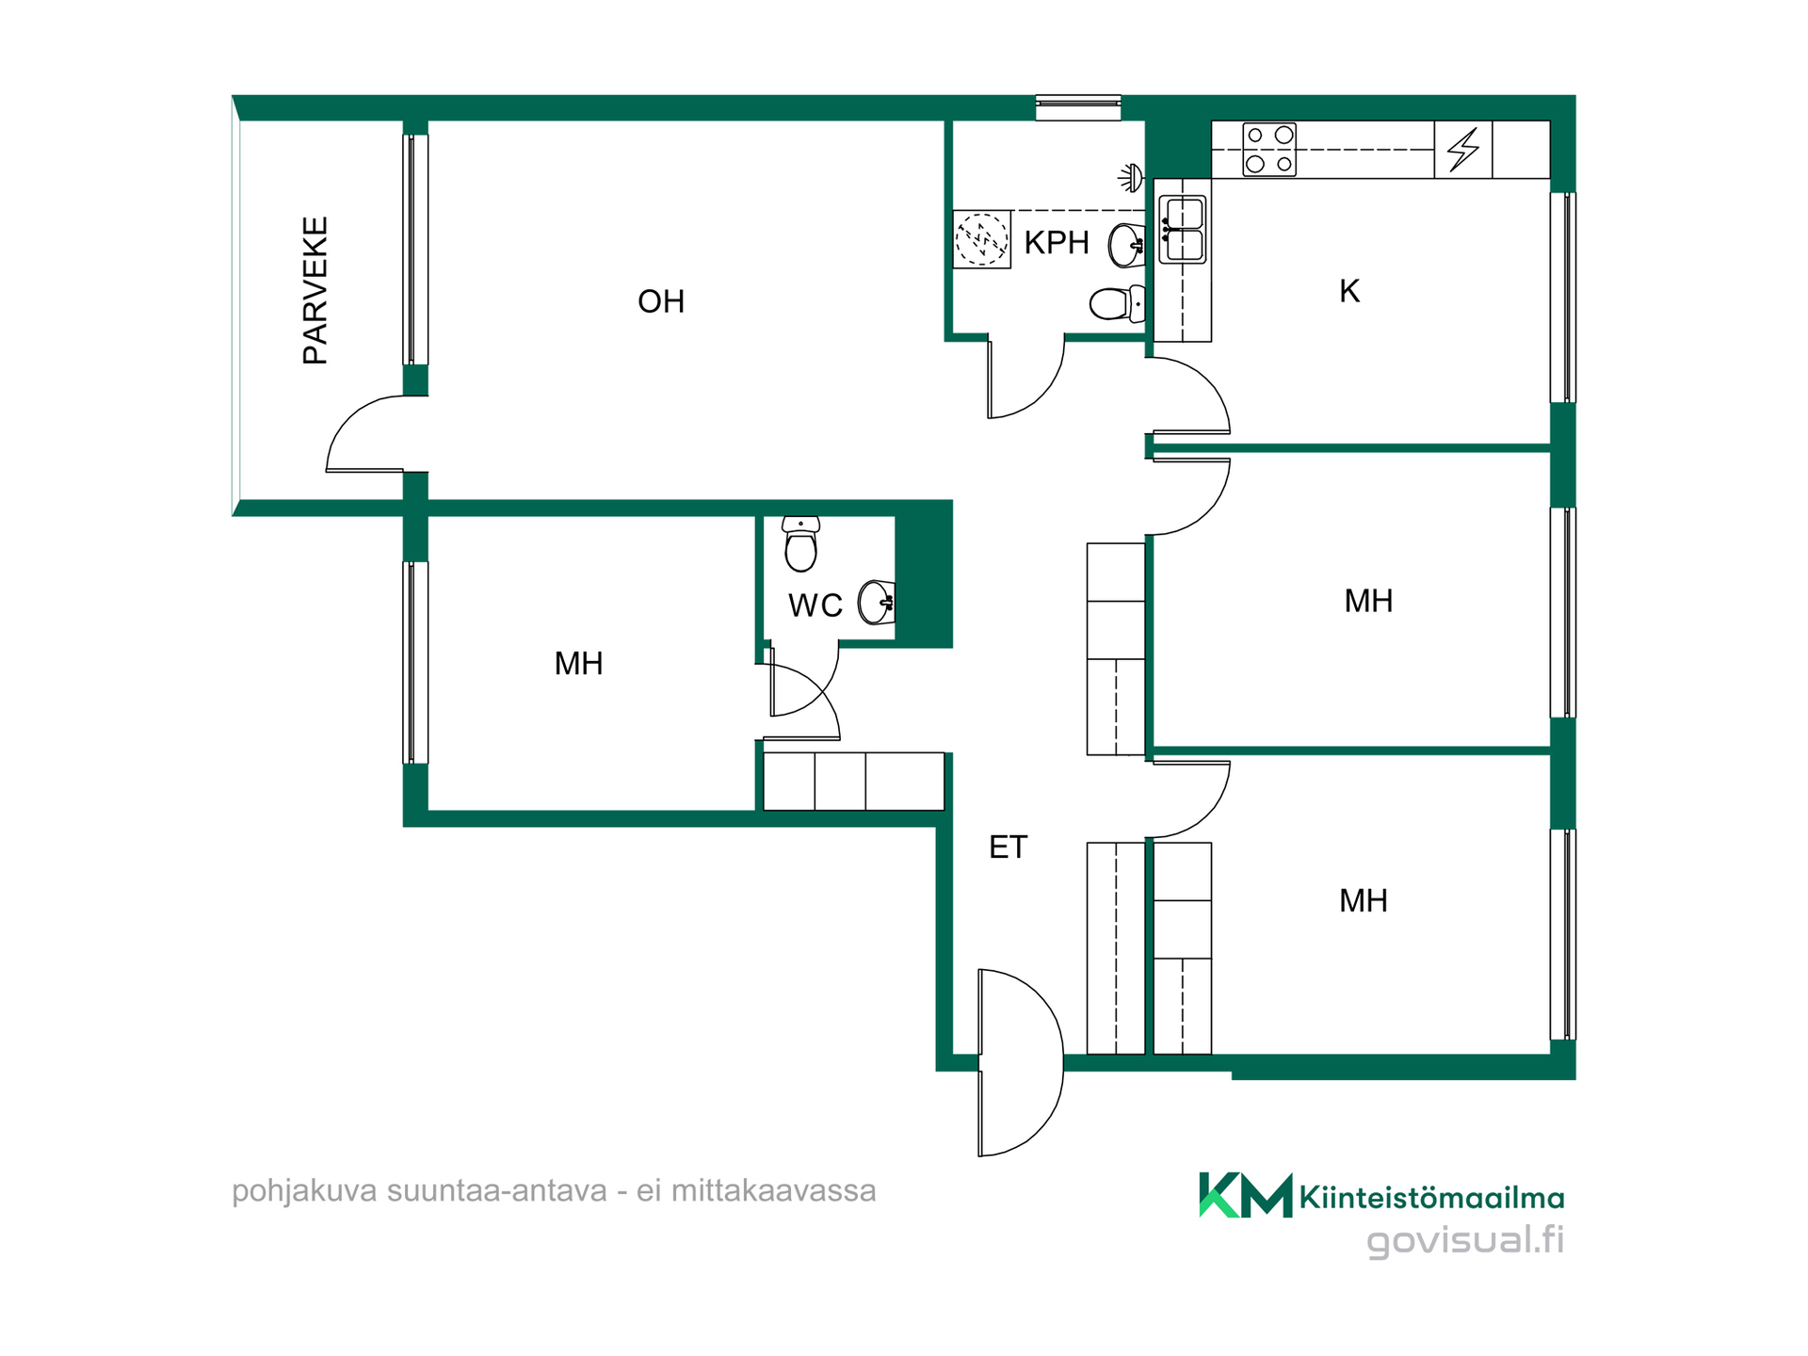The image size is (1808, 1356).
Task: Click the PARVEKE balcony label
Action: (x=315, y=290)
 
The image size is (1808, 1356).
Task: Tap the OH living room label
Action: (x=661, y=301)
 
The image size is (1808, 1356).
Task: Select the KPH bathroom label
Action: (x=1057, y=243)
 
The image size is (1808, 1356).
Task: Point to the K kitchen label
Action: (x=1349, y=292)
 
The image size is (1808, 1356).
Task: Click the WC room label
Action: (x=815, y=605)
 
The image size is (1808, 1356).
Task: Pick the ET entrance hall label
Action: (x=1008, y=847)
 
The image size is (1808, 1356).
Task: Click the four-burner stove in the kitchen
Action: (x=1269, y=150)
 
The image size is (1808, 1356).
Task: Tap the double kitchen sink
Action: (x=1183, y=230)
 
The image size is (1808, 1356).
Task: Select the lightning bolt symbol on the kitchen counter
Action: (x=1463, y=150)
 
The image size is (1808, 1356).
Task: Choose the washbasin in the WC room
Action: (x=877, y=603)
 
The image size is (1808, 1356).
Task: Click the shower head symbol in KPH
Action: (x=1131, y=176)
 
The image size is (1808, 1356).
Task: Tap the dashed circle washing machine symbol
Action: (x=981, y=240)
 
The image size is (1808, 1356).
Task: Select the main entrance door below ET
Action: (x=1021, y=1062)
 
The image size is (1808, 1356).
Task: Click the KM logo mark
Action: (x=1245, y=1195)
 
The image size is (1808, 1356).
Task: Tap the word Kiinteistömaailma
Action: (x=1431, y=1198)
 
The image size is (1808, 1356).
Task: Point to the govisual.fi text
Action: (x=1465, y=1239)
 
